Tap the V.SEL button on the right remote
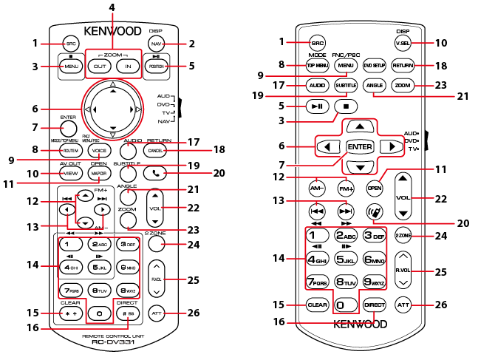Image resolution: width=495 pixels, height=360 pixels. point(403,42)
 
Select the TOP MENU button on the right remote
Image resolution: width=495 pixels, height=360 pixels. point(318,66)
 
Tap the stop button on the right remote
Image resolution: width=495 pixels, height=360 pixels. point(345,106)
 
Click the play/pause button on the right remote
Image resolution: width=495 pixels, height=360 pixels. point(318,106)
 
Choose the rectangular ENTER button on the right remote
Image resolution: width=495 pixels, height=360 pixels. point(359,146)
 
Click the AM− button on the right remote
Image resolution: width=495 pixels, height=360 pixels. point(318,188)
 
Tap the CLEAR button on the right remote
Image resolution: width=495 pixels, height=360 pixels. point(318,305)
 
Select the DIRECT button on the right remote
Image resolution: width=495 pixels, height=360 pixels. point(373,305)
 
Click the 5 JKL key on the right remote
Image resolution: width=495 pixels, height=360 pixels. point(345,259)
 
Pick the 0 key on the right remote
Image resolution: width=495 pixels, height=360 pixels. point(345,305)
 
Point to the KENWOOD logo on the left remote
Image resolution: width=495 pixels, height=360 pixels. point(112,31)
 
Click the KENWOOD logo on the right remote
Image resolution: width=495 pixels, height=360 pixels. point(360,323)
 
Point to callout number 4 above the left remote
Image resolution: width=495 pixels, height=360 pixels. point(112,8)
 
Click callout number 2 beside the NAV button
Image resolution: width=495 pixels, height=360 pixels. point(191,44)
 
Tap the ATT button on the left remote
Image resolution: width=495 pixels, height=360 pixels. point(155,313)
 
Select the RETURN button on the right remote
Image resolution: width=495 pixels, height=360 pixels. point(403,66)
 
